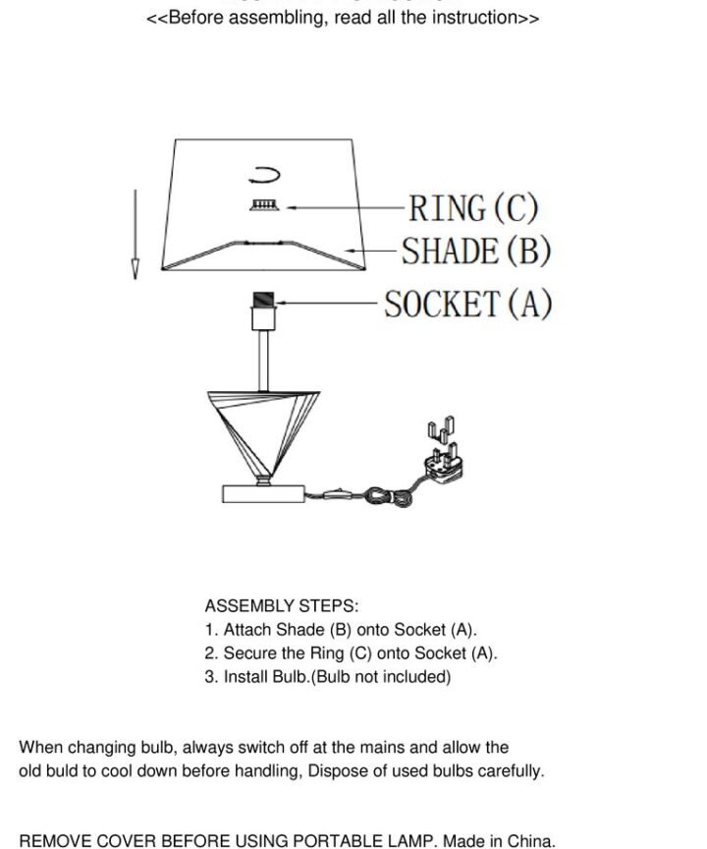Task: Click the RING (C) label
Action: click(x=473, y=208)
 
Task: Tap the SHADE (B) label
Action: click(x=476, y=251)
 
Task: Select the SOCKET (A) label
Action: click(x=468, y=304)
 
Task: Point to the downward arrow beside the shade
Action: click(x=136, y=235)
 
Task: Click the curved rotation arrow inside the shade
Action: click(x=264, y=175)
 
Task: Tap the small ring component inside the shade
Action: click(x=264, y=204)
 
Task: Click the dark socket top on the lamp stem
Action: click(x=263, y=300)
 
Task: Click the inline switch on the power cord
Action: click(x=337, y=493)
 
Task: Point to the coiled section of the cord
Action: click(x=388, y=496)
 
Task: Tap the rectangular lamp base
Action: click(x=263, y=494)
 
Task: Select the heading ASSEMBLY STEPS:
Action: click(x=282, y=605)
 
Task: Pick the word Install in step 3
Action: click(x=245, y=677)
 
